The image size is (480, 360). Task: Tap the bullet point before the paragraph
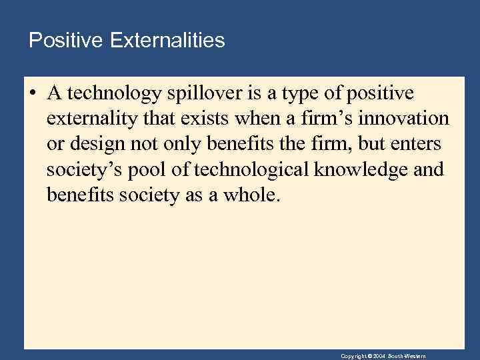coord(32,93)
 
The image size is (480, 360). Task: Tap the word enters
coord(418,145)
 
